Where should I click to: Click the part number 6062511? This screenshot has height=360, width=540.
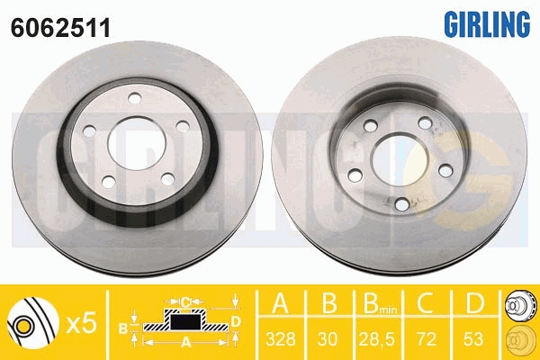click(x=60, y=28)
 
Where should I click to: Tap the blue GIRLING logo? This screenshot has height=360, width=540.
click(x=487, y=23)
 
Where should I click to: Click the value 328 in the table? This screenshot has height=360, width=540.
click(x=281, y=339)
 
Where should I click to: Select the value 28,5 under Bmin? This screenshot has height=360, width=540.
click(x=377, y=339)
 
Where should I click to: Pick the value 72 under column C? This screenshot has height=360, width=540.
click(x=426, y=339)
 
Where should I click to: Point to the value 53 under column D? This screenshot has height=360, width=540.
click(x=473, y=339)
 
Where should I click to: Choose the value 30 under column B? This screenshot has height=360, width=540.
click(x=328, y=339)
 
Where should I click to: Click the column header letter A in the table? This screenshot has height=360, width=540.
click(x=280, y=303)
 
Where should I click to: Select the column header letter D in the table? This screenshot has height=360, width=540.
click(x=474, y=303)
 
